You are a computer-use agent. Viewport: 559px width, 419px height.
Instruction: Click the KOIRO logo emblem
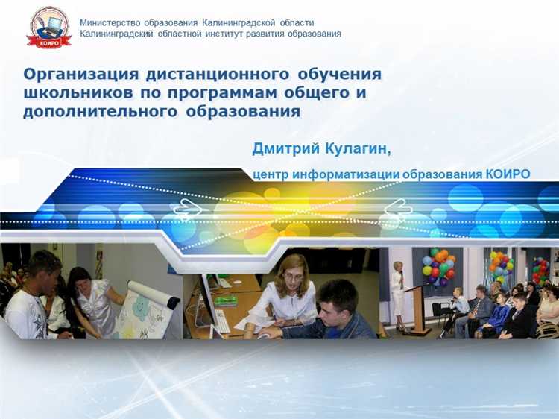pyautogui.click(x=49, y=28)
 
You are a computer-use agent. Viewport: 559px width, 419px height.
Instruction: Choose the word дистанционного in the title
pyautogui.click(x=217, y=75)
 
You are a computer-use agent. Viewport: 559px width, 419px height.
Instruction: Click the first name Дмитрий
pyautogui.click(x=286, y=149)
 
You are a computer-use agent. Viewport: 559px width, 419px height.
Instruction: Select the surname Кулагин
pyautogui.click(x=357, y=149)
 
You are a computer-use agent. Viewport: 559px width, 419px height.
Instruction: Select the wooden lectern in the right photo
pyautogui.click(x=419, y=306)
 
